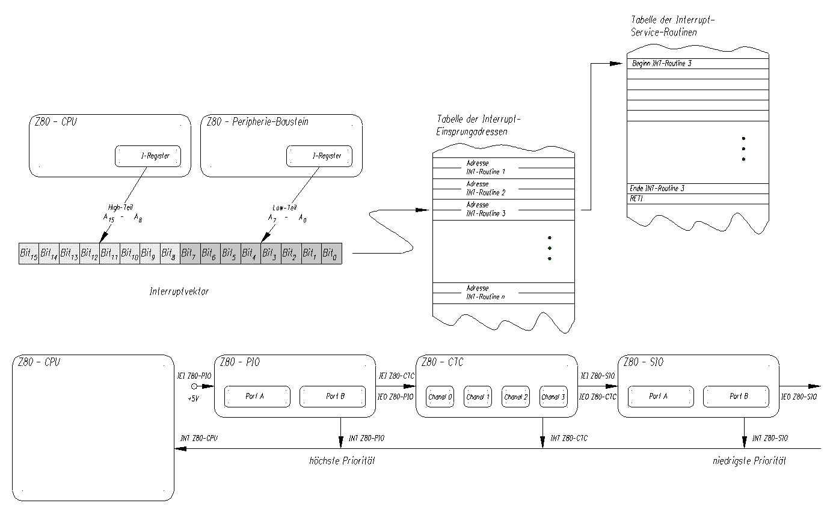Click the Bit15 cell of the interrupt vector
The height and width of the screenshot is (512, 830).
(x=29, y=254)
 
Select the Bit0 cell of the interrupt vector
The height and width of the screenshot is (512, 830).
(x=331, y=254)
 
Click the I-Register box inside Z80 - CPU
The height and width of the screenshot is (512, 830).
(x=148, y=156)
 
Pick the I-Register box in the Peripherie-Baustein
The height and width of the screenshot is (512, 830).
(x=319, y=156)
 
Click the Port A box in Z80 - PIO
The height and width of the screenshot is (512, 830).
(x=257, y=397)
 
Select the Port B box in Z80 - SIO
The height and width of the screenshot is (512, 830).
(x=736, y=397)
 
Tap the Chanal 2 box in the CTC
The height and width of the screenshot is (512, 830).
(x=516, y=397)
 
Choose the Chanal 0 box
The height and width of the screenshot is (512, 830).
(x=440, y=397)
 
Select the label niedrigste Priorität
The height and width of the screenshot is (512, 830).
(x=749, y=462)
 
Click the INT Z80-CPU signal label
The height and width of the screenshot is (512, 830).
(x=199, y=439)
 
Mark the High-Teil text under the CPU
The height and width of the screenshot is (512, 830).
(x=121, y=207)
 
